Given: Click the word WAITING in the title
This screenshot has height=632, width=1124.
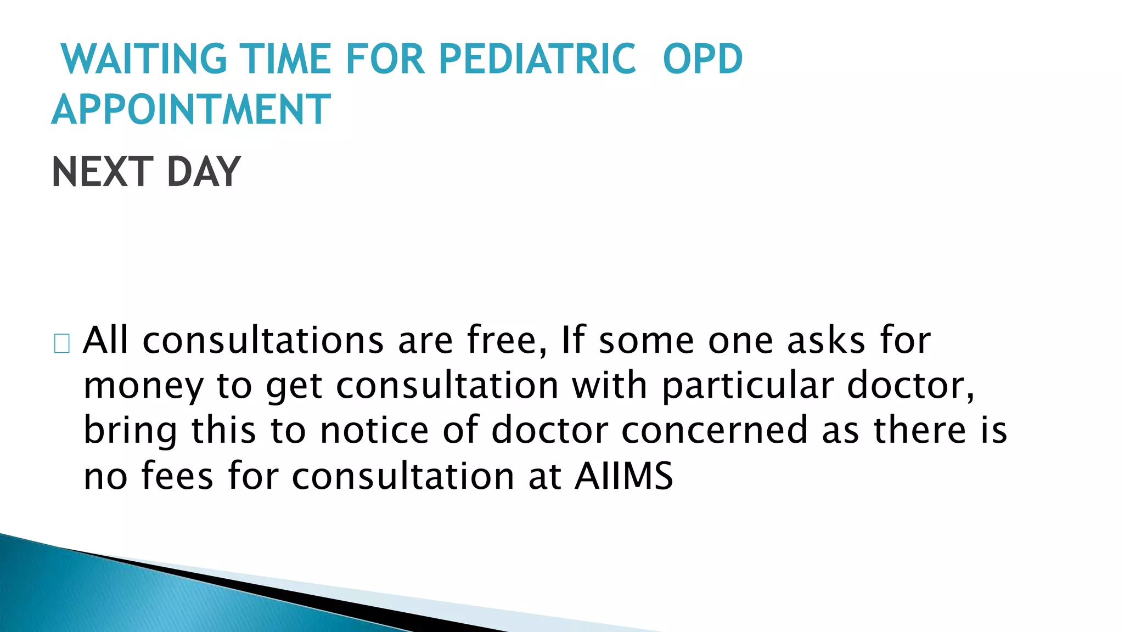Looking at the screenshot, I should coord(144,59).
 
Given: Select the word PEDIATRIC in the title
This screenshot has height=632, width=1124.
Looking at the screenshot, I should coord(537,59).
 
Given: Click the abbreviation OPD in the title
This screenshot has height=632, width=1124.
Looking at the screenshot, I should coord(702,59).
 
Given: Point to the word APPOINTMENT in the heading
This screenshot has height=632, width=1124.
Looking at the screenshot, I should coord(191,109).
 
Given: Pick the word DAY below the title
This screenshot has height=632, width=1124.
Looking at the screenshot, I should coord(204,172).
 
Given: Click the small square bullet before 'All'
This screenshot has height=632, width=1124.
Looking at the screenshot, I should coord(62,343).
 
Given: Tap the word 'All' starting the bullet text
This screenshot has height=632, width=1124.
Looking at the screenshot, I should coord(105,340).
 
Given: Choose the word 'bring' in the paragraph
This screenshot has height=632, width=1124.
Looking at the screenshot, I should coord(131,431).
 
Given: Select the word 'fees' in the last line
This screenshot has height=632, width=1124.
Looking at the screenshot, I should coord(177,476).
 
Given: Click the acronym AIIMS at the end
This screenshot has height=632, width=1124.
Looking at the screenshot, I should coord(624,476).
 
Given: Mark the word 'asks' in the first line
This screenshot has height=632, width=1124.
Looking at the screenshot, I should coord(827,340).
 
